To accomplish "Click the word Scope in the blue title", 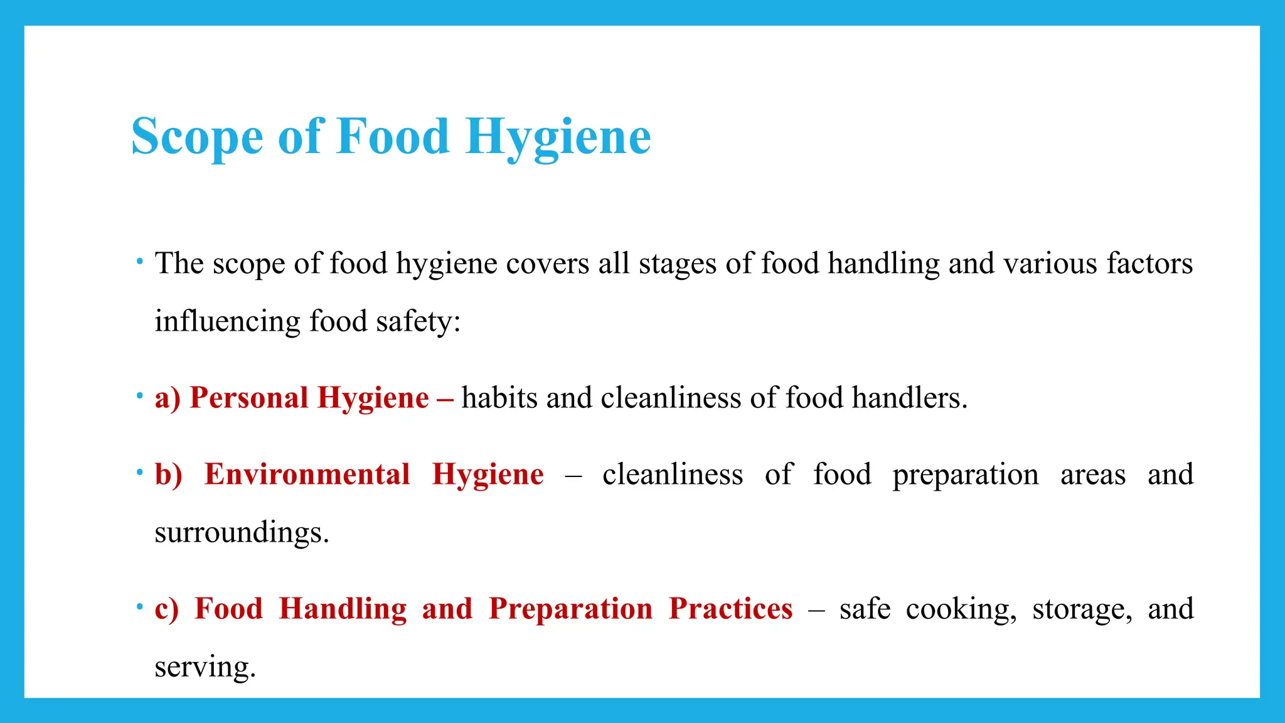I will (x=197, y=137).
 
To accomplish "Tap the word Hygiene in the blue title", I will (x=558, y=137).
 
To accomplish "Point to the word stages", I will (x=678, y=264).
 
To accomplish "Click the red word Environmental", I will (x=307, y=474).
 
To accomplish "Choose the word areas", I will (x=1093, y=474).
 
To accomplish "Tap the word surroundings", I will (x=242, y=533).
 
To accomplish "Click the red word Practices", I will (x=730, y=609).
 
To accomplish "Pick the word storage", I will (x=1082, y=609).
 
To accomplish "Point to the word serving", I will (x=205, y=667).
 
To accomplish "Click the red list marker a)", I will (x=168, y=398).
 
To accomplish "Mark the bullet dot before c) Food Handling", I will (x=139, y=606).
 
